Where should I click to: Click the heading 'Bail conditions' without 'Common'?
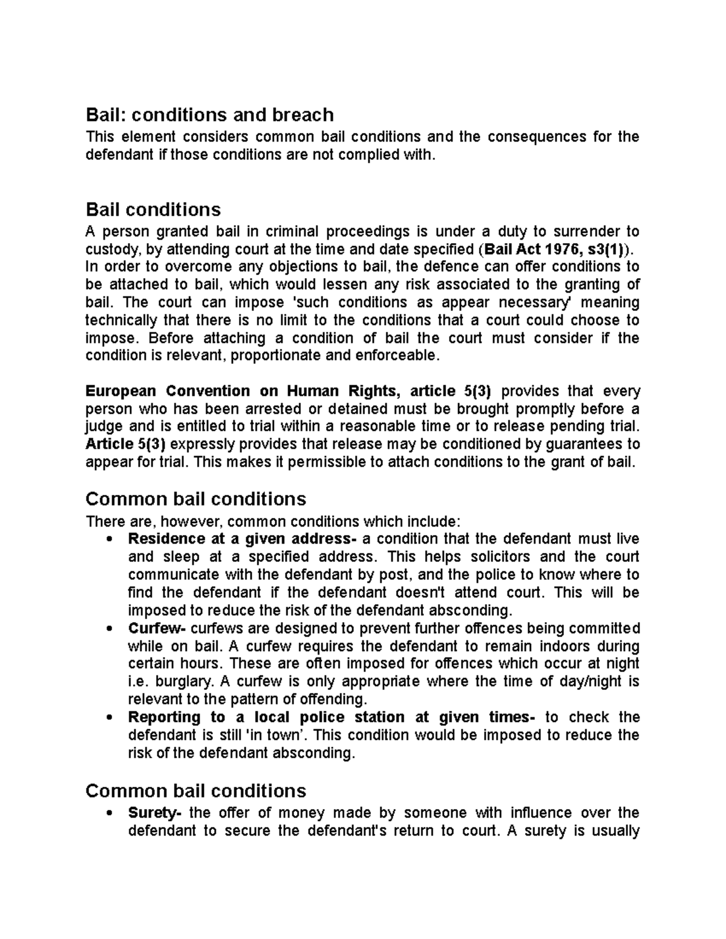tap(153, 210)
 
